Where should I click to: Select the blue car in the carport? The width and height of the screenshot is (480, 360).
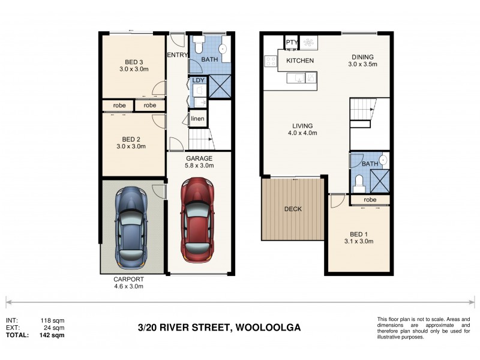131,226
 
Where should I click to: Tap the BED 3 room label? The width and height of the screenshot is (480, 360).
133,65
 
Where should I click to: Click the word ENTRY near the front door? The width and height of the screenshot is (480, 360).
178,55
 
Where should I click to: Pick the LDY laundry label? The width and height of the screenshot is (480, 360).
198,80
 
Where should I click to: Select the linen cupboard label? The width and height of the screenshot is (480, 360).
198,119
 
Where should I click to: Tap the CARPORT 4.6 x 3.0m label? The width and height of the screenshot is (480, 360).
130,283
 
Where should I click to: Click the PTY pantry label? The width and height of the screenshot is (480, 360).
292,43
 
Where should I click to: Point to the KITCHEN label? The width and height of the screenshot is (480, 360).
300,61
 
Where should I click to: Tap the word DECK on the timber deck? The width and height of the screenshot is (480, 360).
293,209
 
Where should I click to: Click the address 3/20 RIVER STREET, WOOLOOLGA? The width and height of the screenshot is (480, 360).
219,328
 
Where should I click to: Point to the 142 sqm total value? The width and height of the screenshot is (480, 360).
52,335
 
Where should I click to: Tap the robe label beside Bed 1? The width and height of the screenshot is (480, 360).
370,200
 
